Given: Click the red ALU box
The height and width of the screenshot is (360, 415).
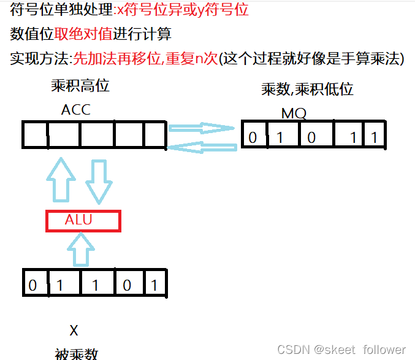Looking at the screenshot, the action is click(83, 221).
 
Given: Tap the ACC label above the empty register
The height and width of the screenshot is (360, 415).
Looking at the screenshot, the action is click(76, 110).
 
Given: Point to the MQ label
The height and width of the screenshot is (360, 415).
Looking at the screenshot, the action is click(294, 113).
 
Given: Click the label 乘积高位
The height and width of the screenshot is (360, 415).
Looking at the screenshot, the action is click(80, 86).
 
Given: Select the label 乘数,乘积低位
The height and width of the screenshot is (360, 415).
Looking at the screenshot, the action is click(307, 90).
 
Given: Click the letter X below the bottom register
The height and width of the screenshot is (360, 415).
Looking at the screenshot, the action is click(74, 331).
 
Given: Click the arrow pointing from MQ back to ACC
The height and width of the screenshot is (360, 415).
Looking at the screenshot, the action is click(202, 147).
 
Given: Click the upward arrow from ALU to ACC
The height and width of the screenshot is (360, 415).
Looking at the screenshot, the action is click(61, 181).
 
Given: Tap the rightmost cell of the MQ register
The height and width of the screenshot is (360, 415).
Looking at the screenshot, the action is click(375, 136).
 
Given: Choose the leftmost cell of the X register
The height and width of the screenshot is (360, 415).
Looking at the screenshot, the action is click(34, 285).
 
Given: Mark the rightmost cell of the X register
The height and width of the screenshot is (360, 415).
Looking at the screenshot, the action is click(155, 285).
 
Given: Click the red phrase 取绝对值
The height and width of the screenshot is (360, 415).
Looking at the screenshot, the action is click(78, 34).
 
